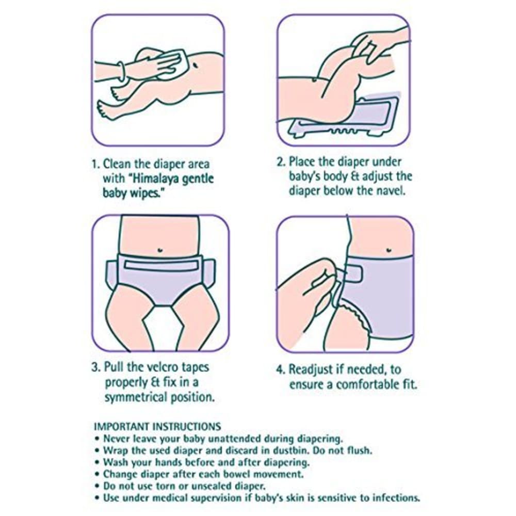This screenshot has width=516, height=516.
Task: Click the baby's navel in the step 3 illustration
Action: click(x=160, y=250)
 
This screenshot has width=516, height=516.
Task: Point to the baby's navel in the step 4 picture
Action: click(x=389, y=250)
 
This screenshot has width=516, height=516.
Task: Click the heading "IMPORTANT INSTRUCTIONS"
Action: click(x=157, y=427)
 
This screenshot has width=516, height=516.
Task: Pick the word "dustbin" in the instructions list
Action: click(x=292, y=450)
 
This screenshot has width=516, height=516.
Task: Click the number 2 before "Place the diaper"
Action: click(x=280, y=162)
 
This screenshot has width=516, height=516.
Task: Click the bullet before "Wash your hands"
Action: click(x=97, y=462)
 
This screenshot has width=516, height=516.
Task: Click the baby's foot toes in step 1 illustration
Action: click(x=102, y=108)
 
